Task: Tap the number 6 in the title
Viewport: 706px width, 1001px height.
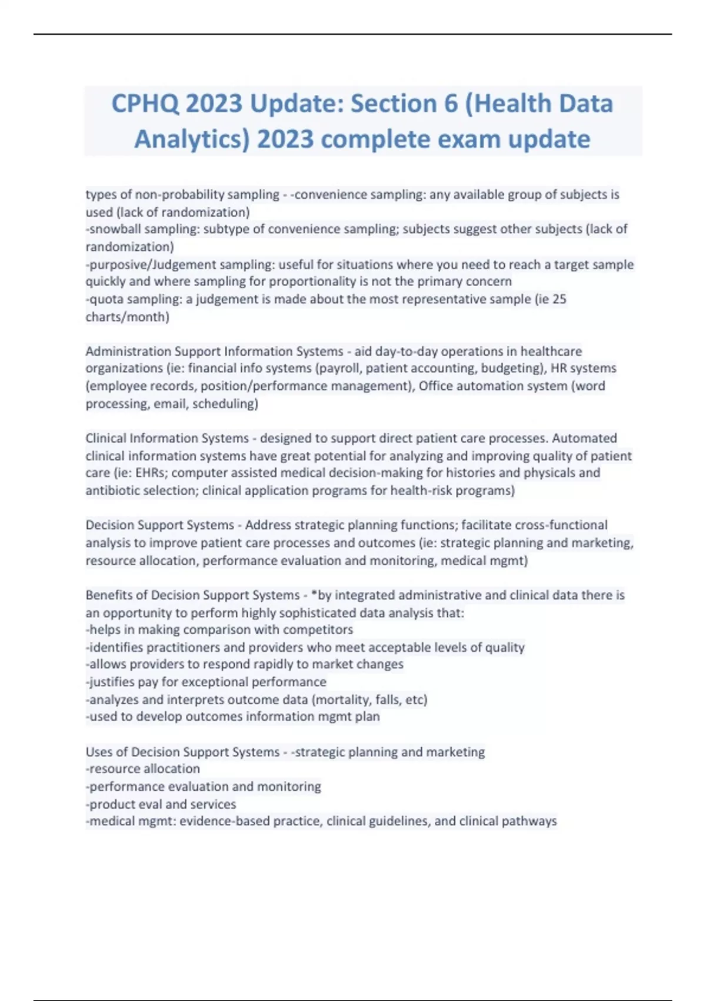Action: point(451,104)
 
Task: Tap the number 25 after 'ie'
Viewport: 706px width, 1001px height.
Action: point(560,299)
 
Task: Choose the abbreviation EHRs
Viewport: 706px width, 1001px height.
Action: point(151,473)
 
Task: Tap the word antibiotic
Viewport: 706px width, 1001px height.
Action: point(112,490)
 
